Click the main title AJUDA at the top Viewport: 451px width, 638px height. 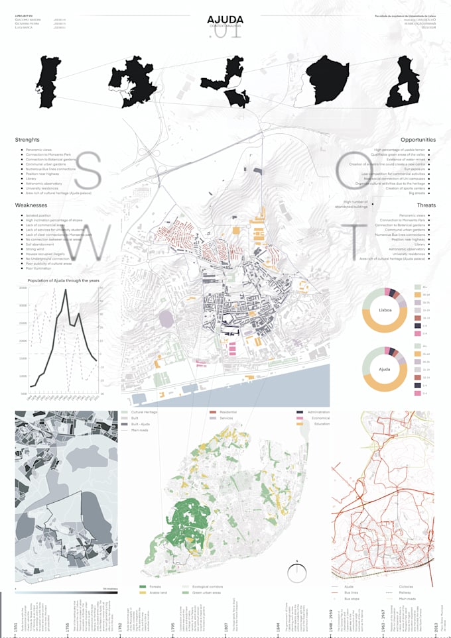(x=225, y=21)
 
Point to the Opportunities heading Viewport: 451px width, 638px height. (x=418, y=140)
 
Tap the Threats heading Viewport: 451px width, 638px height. (x=426, y=205)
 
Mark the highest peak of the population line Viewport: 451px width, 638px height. (x=65, y=291)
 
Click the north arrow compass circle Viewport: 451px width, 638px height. (x=298, y=571)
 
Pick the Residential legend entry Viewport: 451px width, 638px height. (x=227, y=412)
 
